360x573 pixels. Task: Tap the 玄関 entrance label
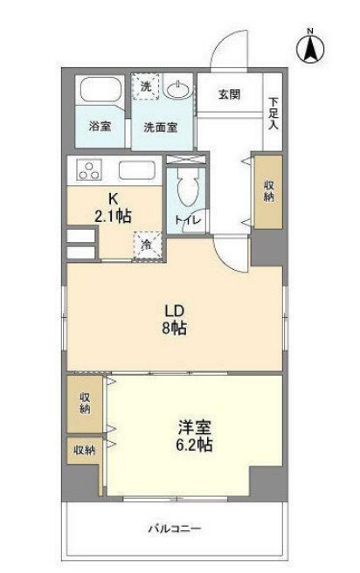click(x=230, y=95)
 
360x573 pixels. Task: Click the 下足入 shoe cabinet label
click(x=273, y=113)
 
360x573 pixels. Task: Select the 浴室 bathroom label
click(x=99, y=126)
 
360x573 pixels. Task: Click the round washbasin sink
click(x=177, y=90)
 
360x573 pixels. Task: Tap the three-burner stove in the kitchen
click(x=91, y=170)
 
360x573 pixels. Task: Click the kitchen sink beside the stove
click(x=136, y=169)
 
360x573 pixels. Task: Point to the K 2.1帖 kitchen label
click(x=114, y=206)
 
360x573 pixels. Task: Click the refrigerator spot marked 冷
click(x=146, y=245)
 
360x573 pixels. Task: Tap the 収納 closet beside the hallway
click(x=267, y=190)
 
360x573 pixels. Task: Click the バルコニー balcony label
click(x=174, y=528)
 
